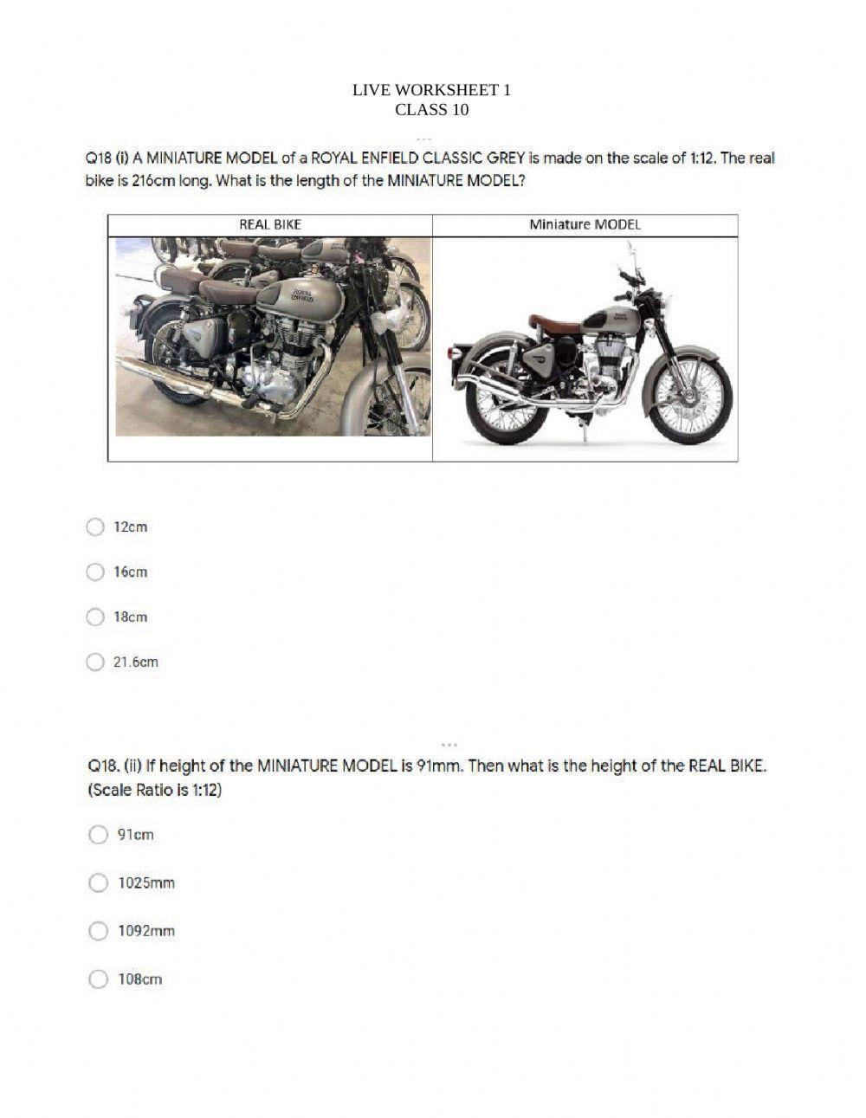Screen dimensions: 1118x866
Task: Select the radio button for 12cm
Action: [95, 527]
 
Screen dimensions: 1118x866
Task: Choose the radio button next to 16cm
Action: [95, 572]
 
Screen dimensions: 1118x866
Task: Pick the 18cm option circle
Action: [95, 617]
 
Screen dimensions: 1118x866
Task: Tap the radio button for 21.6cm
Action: [95, 662]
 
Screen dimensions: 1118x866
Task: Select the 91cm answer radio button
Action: [99, 835]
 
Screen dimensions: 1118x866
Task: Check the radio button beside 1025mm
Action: [99, 882]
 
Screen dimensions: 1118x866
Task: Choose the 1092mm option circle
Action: [99, 931]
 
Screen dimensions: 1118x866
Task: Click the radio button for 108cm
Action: [99, 979]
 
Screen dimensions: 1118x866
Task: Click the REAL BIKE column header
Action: [270, 224]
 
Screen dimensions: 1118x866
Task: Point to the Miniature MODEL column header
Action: [585, 224]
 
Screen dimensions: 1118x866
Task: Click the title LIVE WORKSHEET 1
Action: [431, 90]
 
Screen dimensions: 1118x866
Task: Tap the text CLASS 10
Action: [431, 110]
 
